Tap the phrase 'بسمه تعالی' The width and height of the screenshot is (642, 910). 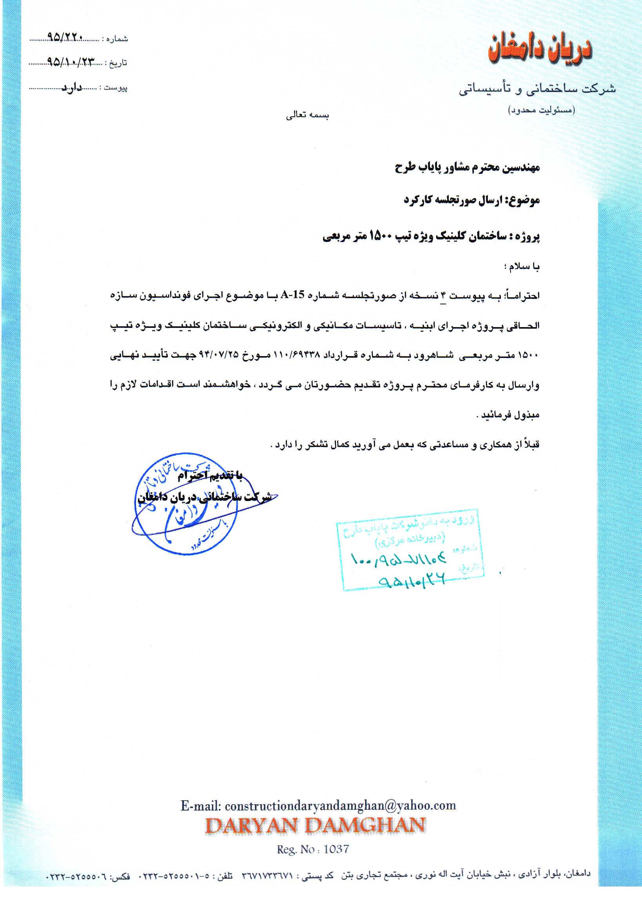point(308,115)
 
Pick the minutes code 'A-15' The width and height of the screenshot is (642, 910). point(292,295)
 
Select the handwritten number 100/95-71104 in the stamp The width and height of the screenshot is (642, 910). point(399,560)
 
